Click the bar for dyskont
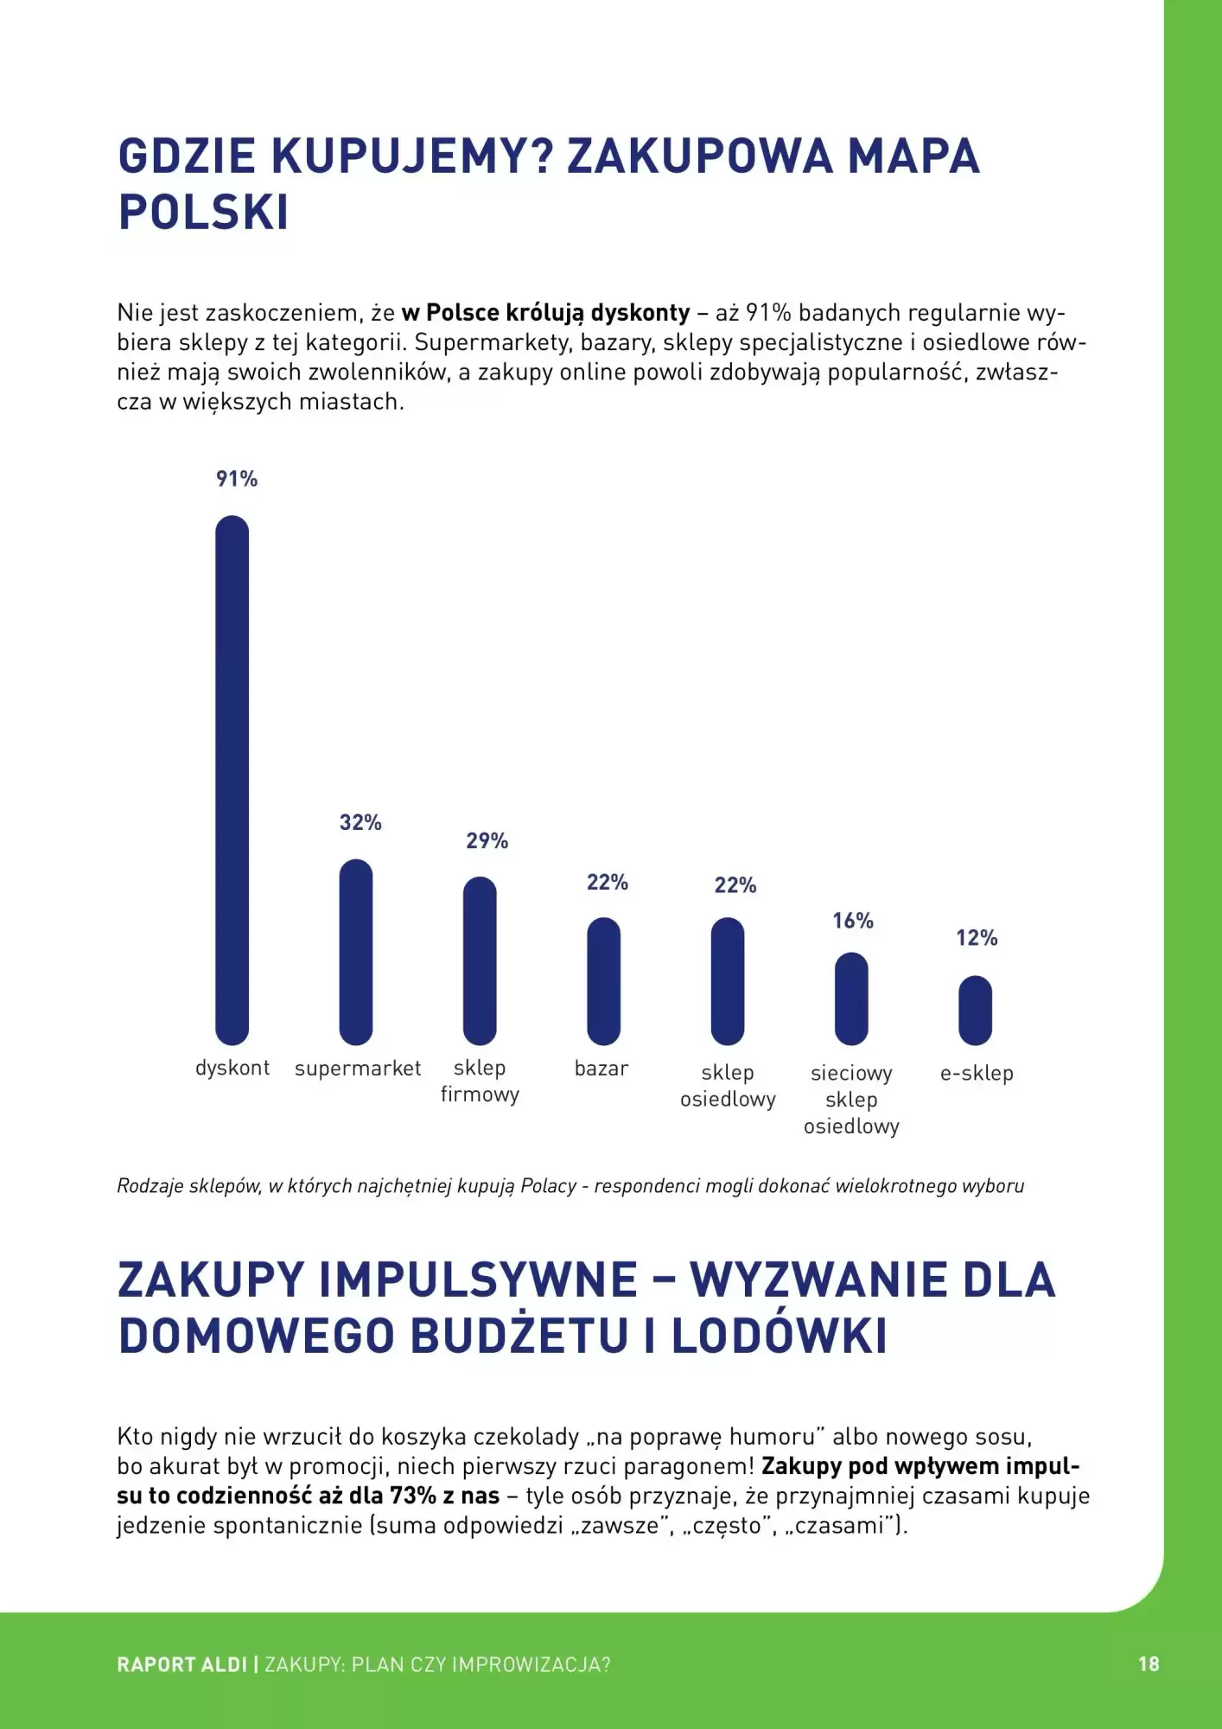click(x=232, y=780)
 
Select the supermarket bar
click(x=356, y=952)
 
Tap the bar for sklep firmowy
click(x=480, y=960)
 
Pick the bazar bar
click(x=603, y=981)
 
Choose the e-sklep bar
click(x=976, y=1010)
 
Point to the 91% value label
click(x=237, y=479)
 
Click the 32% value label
click(x=360, y=822)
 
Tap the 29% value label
click(x=487, y=840)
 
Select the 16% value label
click(x=853, y=921)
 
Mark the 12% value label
click(x=977, y=938)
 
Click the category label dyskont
click(x=232, y=1068)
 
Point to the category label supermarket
click(x=358, y=1069)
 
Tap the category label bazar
click(x=601, y=1069)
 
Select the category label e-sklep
click(x=977, y=1073)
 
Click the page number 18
click(x=1149, y=1664)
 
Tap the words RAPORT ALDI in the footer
click(x=182, y=1664)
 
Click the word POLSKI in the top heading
click(x=204, y=213)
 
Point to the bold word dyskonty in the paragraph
click(x=640, y=312)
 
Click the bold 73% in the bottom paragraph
click(x=413, y=1496)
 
